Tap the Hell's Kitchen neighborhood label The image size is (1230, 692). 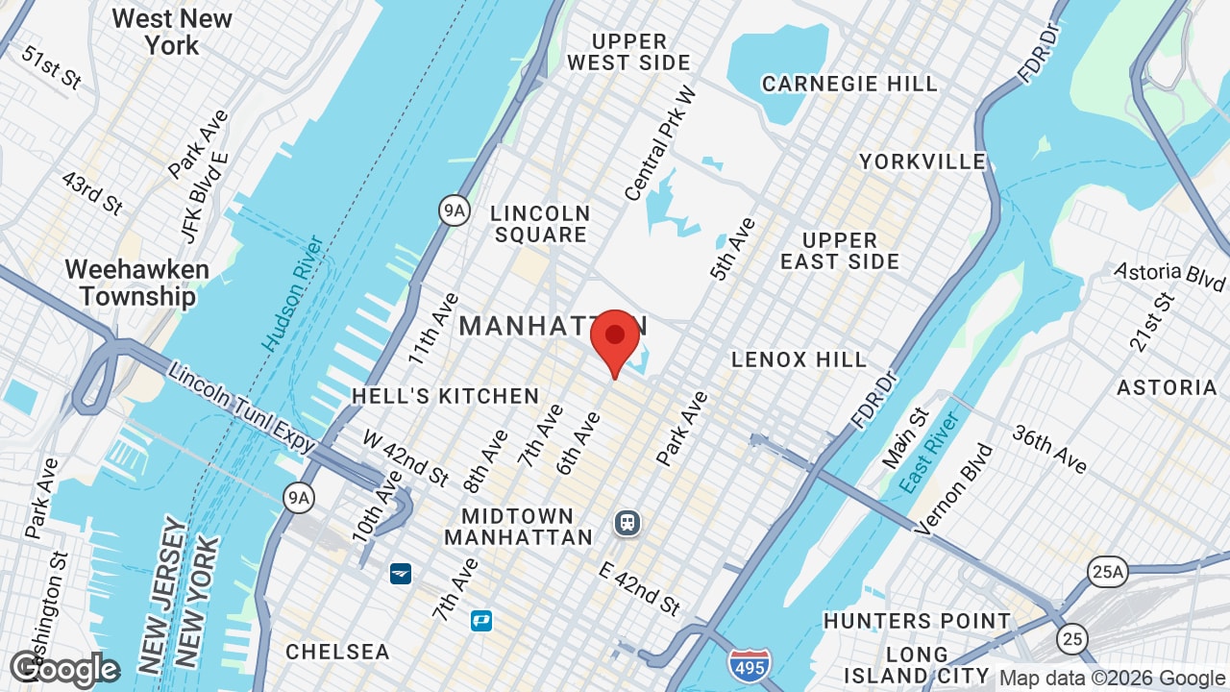(445, 396)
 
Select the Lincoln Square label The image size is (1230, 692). (539, 224)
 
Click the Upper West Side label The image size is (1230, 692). (629, 52)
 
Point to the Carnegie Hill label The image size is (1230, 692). (849, 85)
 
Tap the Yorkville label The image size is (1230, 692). (922, 161)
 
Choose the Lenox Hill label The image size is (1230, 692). (799, 359)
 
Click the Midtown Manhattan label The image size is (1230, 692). (518, 527)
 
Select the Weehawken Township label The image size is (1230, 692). (136, 283)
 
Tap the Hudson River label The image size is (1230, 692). (292, 292)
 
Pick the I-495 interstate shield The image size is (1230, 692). (748, 665)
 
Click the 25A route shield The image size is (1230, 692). (1107, 573)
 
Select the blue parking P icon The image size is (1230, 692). (481, 621)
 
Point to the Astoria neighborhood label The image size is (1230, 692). (1167, 387)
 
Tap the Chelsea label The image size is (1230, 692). (337, 652)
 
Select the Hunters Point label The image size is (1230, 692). (917, 621)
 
